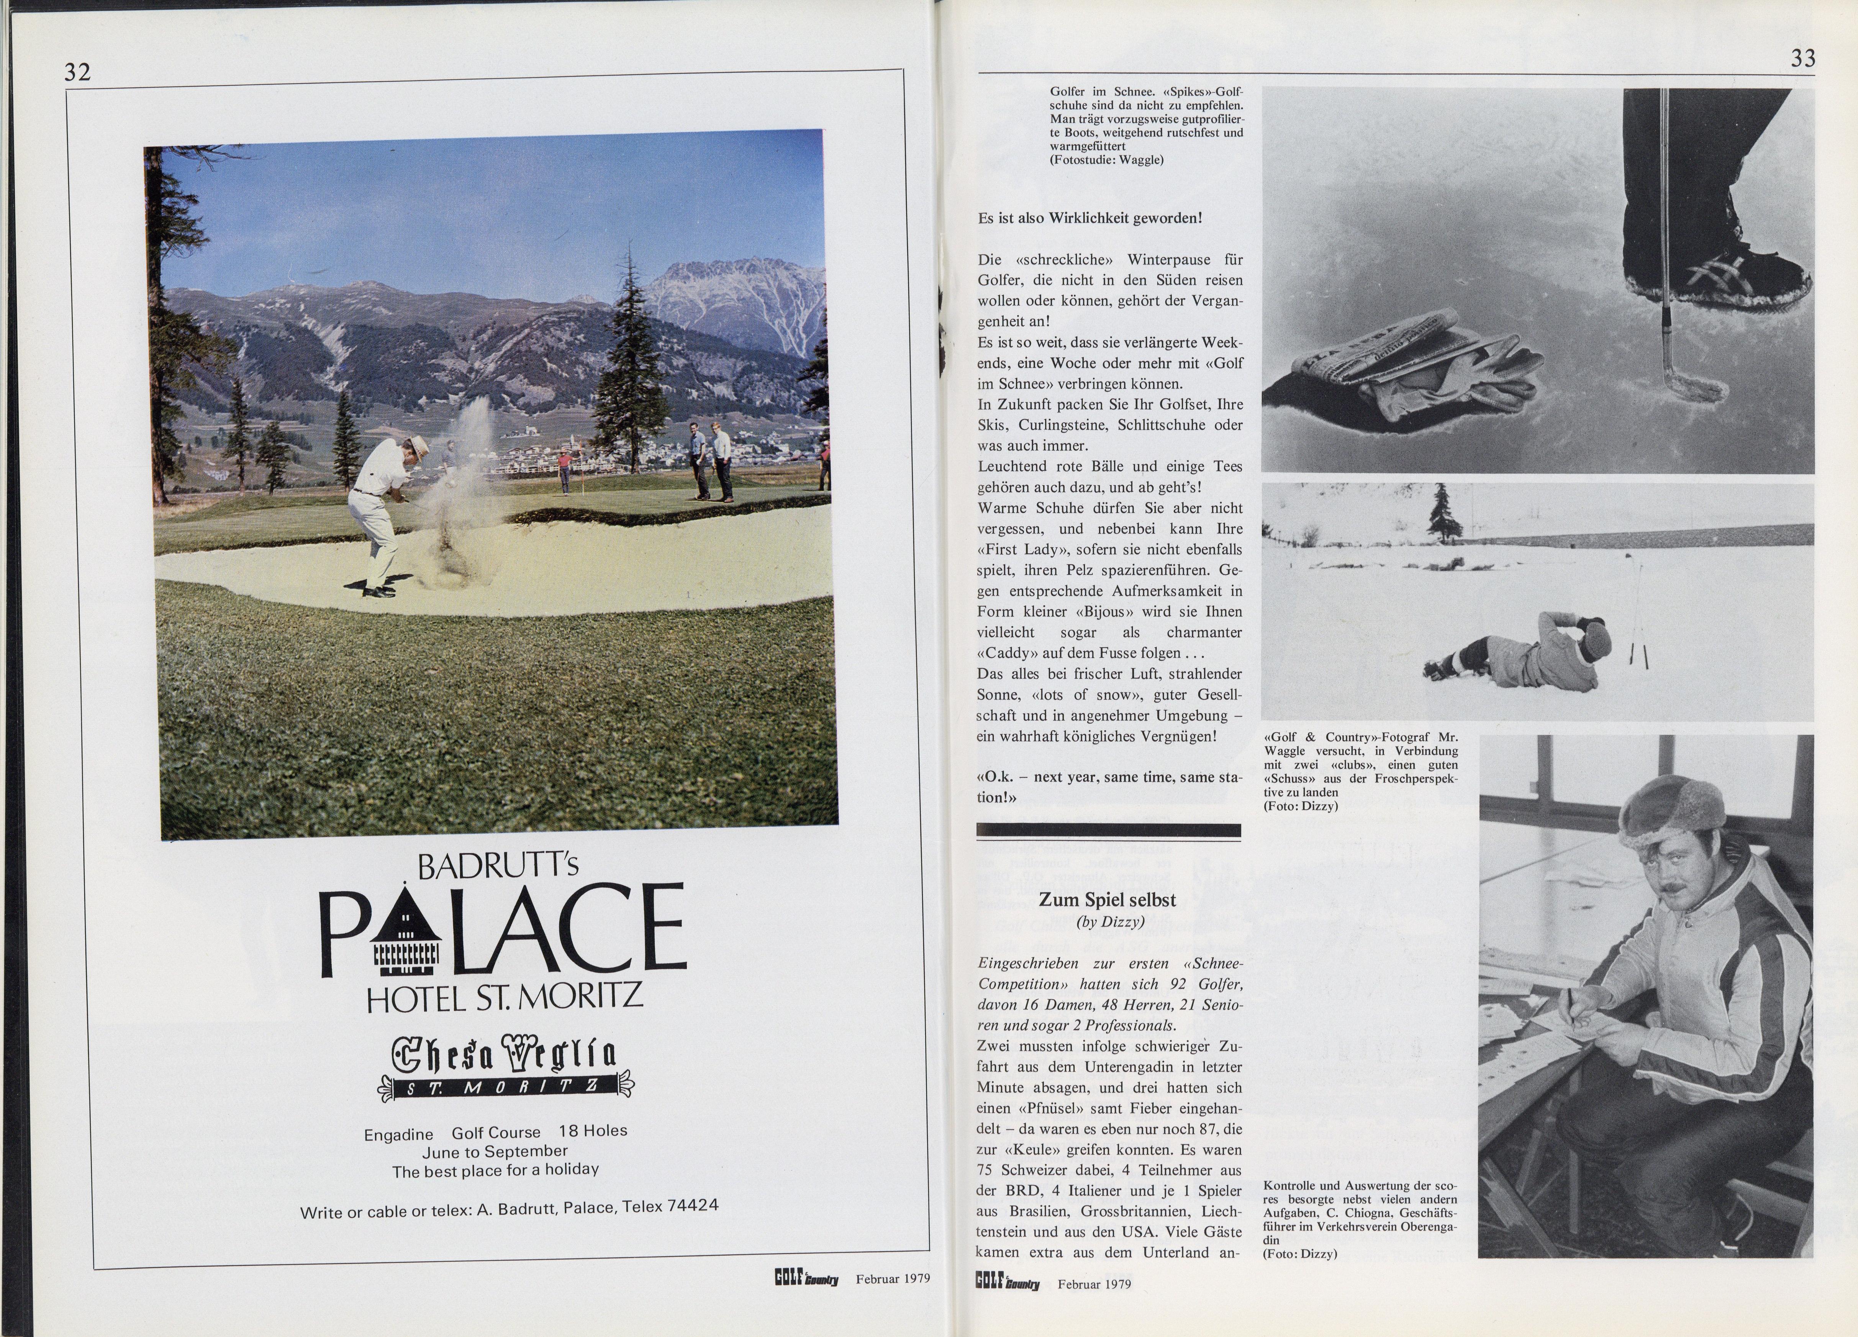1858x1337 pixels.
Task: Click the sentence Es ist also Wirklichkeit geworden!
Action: tap(1090, 219)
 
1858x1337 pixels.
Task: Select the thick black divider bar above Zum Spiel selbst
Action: tap(1108, 831)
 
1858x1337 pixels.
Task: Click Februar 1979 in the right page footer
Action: tap(1094, 1284)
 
